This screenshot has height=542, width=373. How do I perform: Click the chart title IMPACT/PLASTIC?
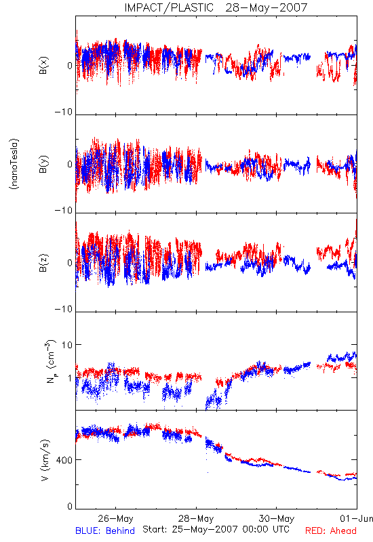click(x=169, y=7)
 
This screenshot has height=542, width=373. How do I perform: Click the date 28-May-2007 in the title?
click(x=267, y=7)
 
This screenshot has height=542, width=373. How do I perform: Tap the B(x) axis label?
click(x=43, y=65)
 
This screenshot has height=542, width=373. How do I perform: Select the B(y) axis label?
click(x=43, y=164)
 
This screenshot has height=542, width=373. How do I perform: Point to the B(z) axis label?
click(x=43, y=263)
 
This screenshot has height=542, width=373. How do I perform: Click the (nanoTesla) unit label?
click(x=15, y=164)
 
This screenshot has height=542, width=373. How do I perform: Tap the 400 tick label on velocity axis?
click(x=64, y=460)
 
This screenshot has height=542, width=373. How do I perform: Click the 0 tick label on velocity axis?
click(x=70, y=506)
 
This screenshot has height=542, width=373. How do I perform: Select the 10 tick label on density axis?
click(x=67, y=345)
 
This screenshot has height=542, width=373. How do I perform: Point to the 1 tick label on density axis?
click(x=71, y=378)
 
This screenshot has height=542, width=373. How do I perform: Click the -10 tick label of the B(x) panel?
click(x=64, y=112)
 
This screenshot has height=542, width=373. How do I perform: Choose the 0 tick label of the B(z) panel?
click(x=70, y=263)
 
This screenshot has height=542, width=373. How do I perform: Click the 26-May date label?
click(x=115, y=518)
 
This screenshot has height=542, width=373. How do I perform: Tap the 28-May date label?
click(x=196, y=518)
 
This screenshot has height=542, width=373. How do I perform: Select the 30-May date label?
click(x=277, y=518)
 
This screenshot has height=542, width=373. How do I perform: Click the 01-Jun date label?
click(x=357, y=518)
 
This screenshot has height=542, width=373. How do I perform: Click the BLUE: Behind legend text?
click(x=105, y=530)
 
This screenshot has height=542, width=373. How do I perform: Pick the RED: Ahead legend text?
click(x=331, y=530)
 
